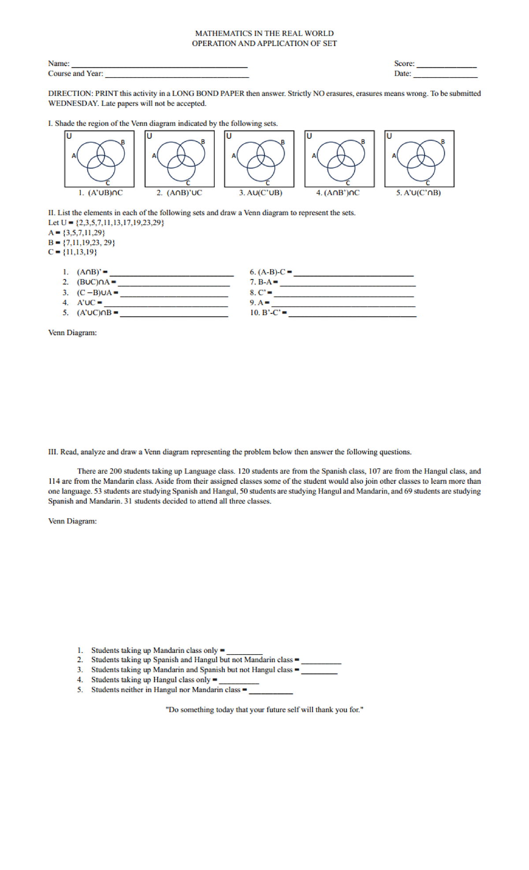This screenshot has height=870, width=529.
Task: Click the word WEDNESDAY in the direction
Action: tap(73, 103)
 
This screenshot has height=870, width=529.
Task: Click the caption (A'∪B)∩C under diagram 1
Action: tap(101, 193)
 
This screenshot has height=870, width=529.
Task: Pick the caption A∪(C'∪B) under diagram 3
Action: tap(261, 193)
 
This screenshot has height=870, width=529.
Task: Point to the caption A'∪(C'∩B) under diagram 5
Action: tap(418, 193)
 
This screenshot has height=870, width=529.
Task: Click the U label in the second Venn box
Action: tap(149, 136)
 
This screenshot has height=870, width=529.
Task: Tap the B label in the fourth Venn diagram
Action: tap(363, 141)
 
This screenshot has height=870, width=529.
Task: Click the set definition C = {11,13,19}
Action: tap(73, 252)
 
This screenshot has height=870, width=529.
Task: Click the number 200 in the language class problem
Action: tap(115, 471)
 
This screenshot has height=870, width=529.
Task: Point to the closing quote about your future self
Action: tap(264, 710)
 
